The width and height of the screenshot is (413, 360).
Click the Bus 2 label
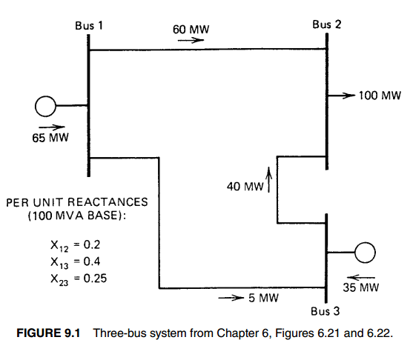(x=327, y=24)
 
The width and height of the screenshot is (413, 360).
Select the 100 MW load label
(x=380, y=96)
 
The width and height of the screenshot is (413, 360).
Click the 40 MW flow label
(x=245, y=187)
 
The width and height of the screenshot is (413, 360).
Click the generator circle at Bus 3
(x=366, y=253)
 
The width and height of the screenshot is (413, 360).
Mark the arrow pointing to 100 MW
(x=342, y=96)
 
